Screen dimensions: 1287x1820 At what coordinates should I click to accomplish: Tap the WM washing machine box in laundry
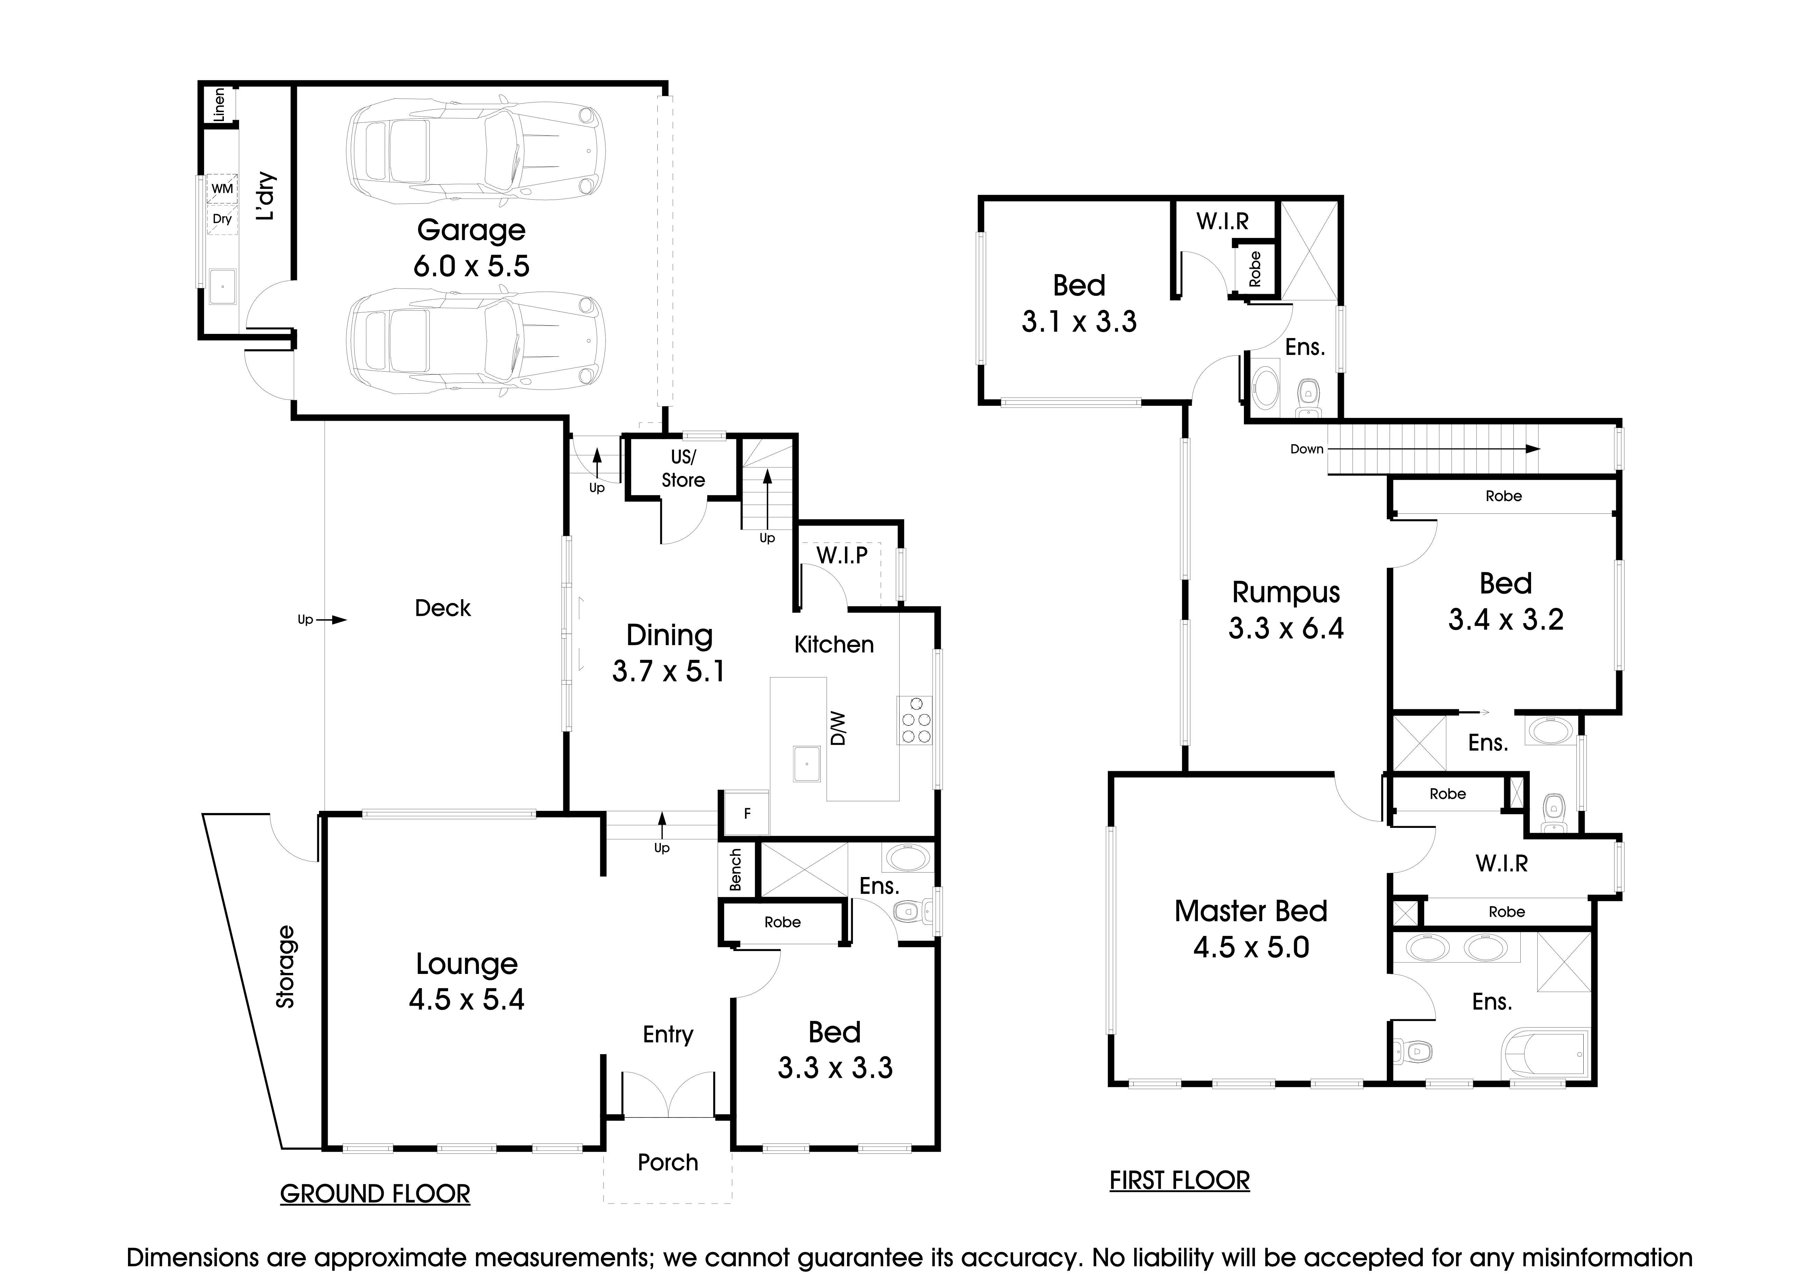[x=222, y=189]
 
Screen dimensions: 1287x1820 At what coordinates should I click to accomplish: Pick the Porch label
[x=667, y=1162]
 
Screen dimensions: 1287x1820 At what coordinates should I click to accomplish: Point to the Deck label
[x=442, y=608]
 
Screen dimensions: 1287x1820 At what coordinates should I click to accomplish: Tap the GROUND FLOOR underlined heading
[x=375, y=1194]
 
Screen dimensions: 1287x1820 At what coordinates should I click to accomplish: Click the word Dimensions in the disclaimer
[x=193, y=1258]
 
